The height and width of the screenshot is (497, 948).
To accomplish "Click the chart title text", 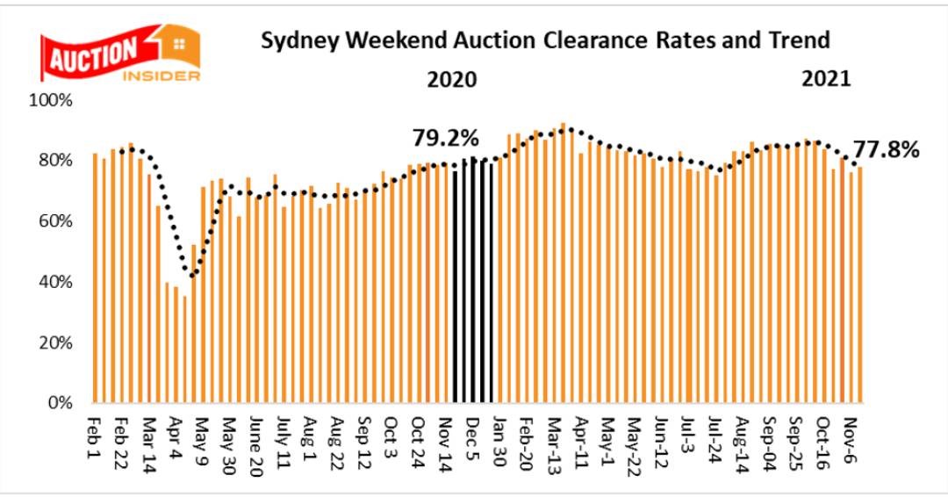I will click(x=545, y=41).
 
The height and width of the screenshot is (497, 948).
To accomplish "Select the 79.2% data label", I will click(x=446, y=138).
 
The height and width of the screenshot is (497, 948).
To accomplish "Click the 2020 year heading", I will click(x=451, y=80).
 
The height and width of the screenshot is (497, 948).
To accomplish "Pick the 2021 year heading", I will click(x=826, y=79).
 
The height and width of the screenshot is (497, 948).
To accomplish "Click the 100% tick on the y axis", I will click(x=53, y=100).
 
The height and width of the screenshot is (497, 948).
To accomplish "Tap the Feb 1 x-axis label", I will click(x=95, y=436).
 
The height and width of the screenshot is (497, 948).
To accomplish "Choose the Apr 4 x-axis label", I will click(x=176, y=436).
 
